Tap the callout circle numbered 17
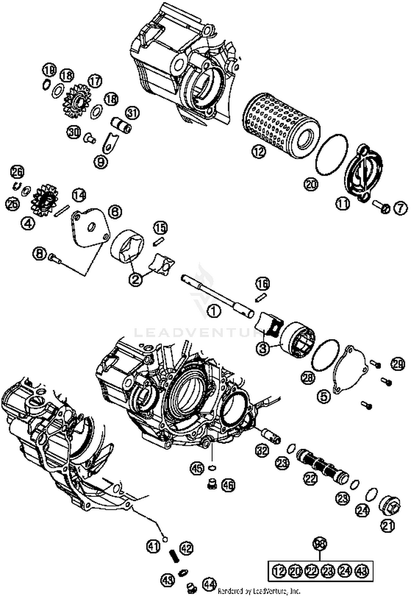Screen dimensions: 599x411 click(95, 81)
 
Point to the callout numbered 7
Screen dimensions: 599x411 click(401, 209)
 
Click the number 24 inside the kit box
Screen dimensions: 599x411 click(345, 571)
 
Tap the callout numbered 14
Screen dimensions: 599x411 click(79, 195)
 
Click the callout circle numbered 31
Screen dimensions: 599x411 click(133, 113)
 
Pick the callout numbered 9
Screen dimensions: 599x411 click(101, 162)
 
